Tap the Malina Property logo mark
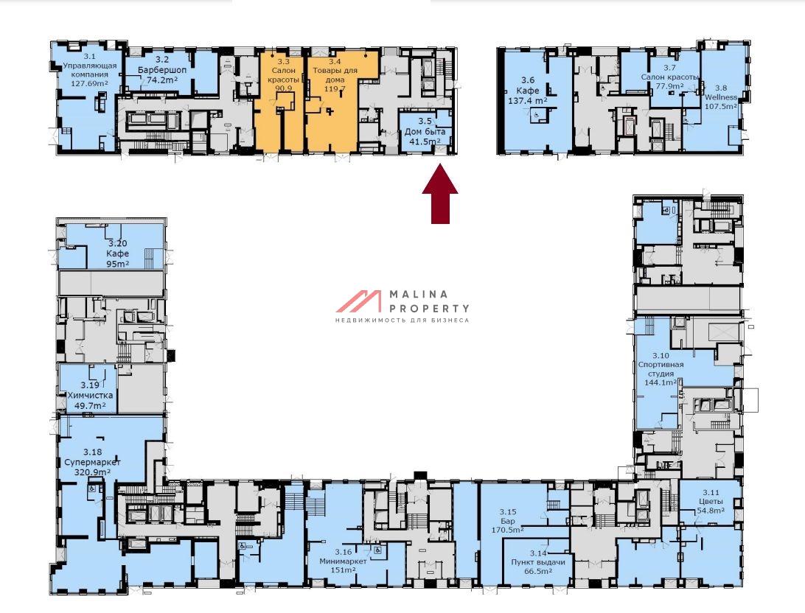359,301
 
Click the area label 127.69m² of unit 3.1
89,83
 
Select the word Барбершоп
162,70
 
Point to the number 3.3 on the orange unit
283,62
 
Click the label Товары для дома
335,75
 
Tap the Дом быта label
425,132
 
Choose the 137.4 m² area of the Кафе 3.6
527,101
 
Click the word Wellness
721,97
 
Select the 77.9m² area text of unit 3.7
669,86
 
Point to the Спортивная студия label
661,369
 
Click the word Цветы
711,501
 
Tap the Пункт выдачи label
538,562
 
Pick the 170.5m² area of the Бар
508,530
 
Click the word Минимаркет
343,561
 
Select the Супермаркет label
92,462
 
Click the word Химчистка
91,396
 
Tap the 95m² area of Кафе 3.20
117,264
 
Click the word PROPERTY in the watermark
429,308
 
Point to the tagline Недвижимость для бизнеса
402,320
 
